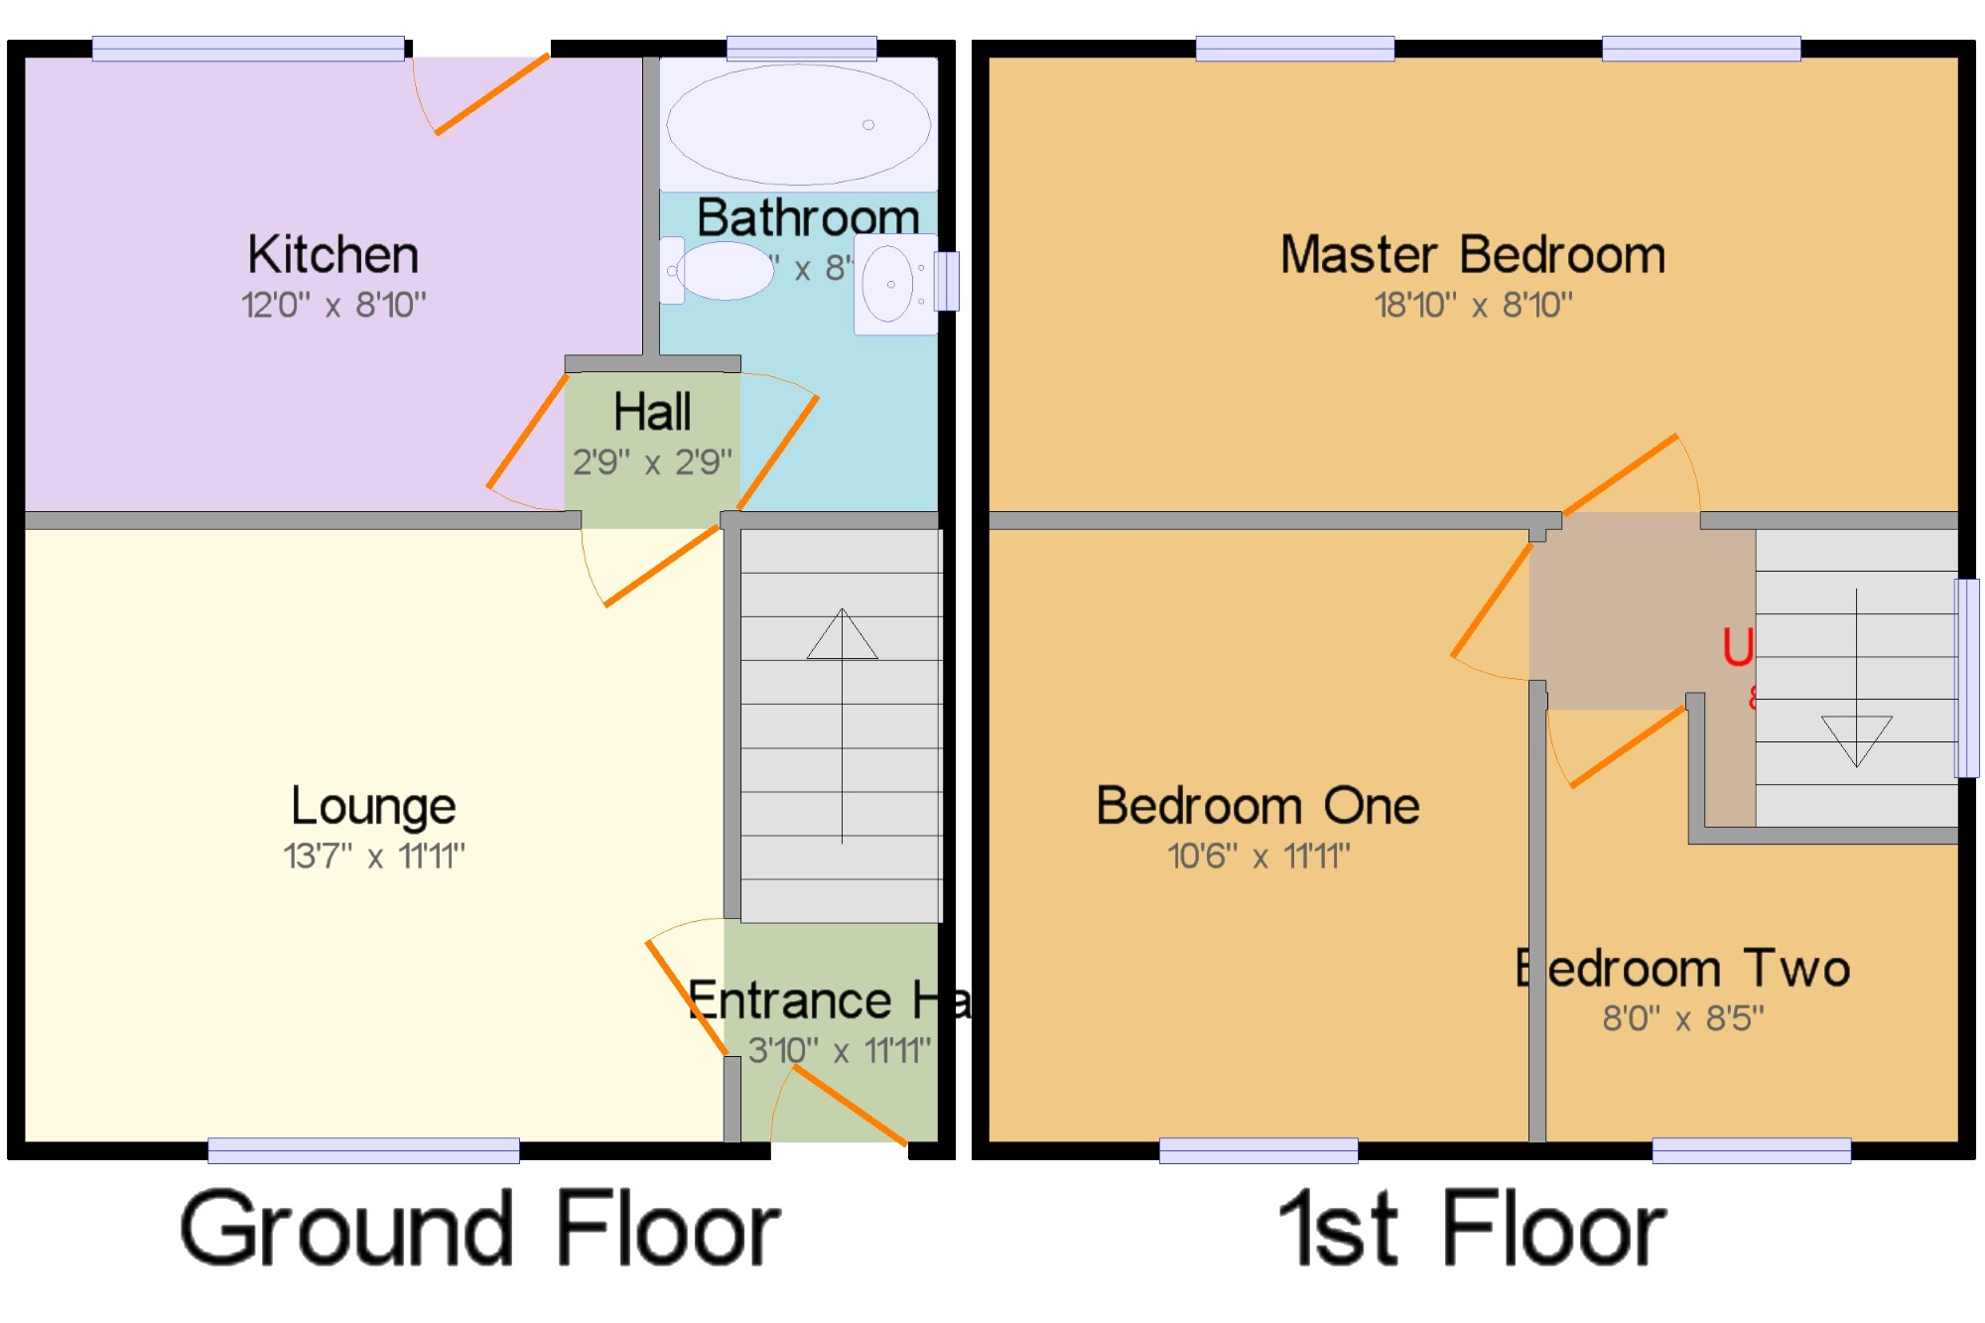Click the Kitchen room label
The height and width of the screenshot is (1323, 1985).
coord(333,255)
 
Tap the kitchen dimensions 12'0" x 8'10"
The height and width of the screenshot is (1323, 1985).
coord(333,305)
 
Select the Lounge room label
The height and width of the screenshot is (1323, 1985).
coord(373,806)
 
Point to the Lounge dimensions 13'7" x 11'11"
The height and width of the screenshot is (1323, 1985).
coord(374,856)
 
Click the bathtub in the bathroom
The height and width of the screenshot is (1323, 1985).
coord(799,125)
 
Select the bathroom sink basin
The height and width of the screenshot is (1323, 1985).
coord(889,284)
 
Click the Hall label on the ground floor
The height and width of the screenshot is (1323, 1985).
coord(652,412)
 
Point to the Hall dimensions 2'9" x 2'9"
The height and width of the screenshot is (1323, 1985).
coord(652,462)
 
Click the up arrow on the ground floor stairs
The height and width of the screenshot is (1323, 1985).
coord(842,635)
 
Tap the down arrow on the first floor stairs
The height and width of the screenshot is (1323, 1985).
coord(1856,739)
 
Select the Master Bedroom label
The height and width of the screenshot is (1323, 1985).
coord(1473,255)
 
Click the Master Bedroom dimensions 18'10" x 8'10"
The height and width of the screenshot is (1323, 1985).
coord(1473,305)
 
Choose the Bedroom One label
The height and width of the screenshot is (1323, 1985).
coord(1257,806)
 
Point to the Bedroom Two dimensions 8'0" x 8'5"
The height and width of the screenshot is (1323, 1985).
coord(1683,1018)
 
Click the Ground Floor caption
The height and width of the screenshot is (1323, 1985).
coord(480,1231)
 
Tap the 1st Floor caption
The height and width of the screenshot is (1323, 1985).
coord(1473,1231)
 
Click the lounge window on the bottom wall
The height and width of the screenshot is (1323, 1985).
coord(363,1150)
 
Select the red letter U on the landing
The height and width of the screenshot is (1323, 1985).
coord(1738,648)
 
